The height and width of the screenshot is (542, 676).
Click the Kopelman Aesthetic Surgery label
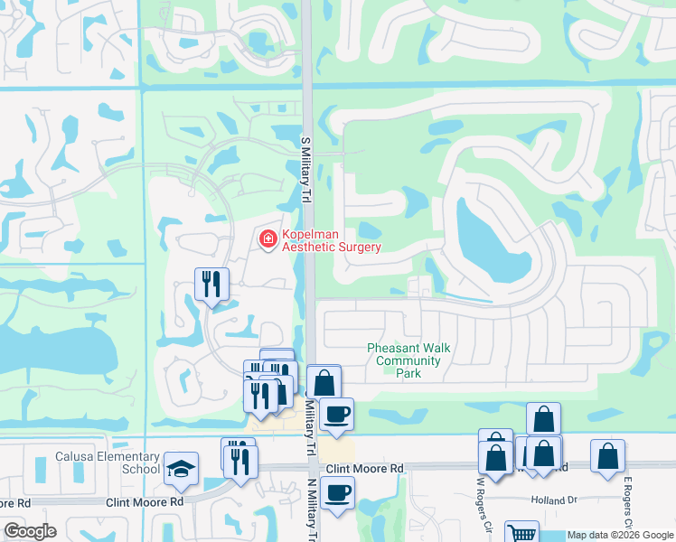pyautogui.click(x=332, y=240)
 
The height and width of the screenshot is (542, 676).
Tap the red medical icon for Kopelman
pyautogui.click(x=268, y=239)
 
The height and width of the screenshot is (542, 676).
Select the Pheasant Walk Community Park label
pyautogui.click(x=408, y=360)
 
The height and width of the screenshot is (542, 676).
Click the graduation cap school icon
pyautogui.click(x=181, y=467)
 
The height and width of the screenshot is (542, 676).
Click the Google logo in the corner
pyautogui.click(x=30, y=530)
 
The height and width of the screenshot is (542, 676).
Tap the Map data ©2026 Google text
pyautogui.click(x=620, y=535)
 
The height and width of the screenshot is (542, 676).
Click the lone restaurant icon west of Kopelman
pyautogui.click(x=211, y=285)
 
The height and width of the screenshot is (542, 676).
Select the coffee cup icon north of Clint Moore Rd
pyautogui.click(x=336, y=414)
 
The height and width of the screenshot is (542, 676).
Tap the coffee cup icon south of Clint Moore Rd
pyautogui.click(x=337, y=492)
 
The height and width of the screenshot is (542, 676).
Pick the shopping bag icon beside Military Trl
pyautogui.click(x=323, y=381)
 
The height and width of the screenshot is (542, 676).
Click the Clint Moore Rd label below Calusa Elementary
pyautogui.click(x=145, y=500)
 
